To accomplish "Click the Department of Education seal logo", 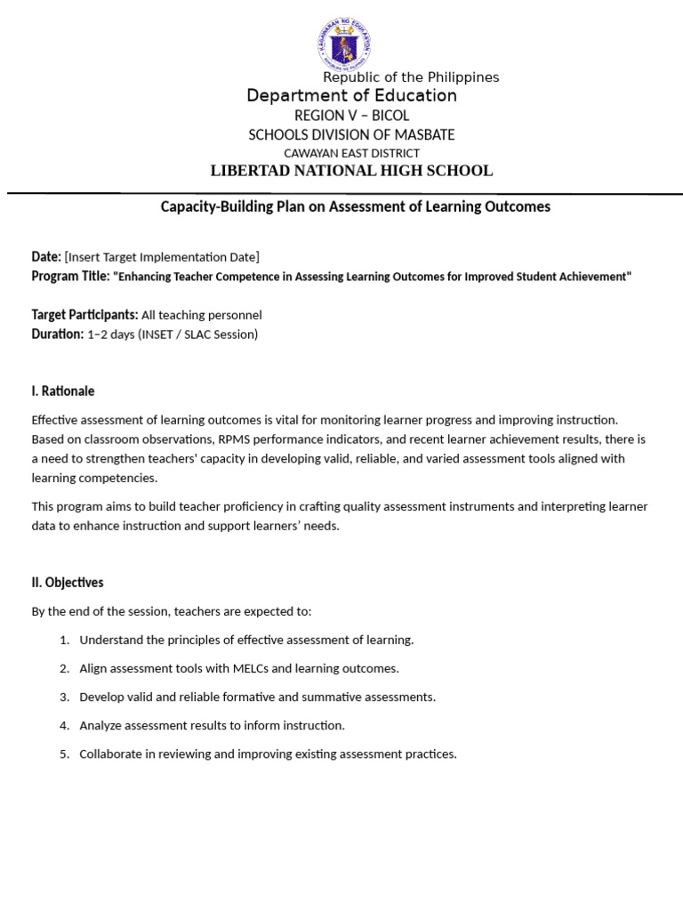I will [342, 43].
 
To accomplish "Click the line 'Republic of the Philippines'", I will [411, 77].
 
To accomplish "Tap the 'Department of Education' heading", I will [352, 96].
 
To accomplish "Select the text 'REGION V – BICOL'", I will [352, 116].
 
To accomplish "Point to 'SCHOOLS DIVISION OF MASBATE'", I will [351, 135].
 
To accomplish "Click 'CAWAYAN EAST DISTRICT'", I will [351, 153].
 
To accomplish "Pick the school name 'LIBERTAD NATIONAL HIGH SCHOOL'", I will [351, 171].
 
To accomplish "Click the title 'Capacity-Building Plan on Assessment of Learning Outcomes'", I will [355, 206].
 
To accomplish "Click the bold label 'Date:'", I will [46, 257].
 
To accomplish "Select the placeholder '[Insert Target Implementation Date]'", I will [162, 257].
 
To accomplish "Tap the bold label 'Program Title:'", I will [70, 277].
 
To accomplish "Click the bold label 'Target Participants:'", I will [84, 315].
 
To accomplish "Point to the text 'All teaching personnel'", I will [202, 315].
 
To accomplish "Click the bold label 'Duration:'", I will [57, 335].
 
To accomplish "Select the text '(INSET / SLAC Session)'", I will [197, 335].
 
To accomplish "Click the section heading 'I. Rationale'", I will [62, 391].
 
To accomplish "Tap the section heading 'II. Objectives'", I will [68, 583].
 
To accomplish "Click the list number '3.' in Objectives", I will [64, 697].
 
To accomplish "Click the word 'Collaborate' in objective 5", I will [111, 754].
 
